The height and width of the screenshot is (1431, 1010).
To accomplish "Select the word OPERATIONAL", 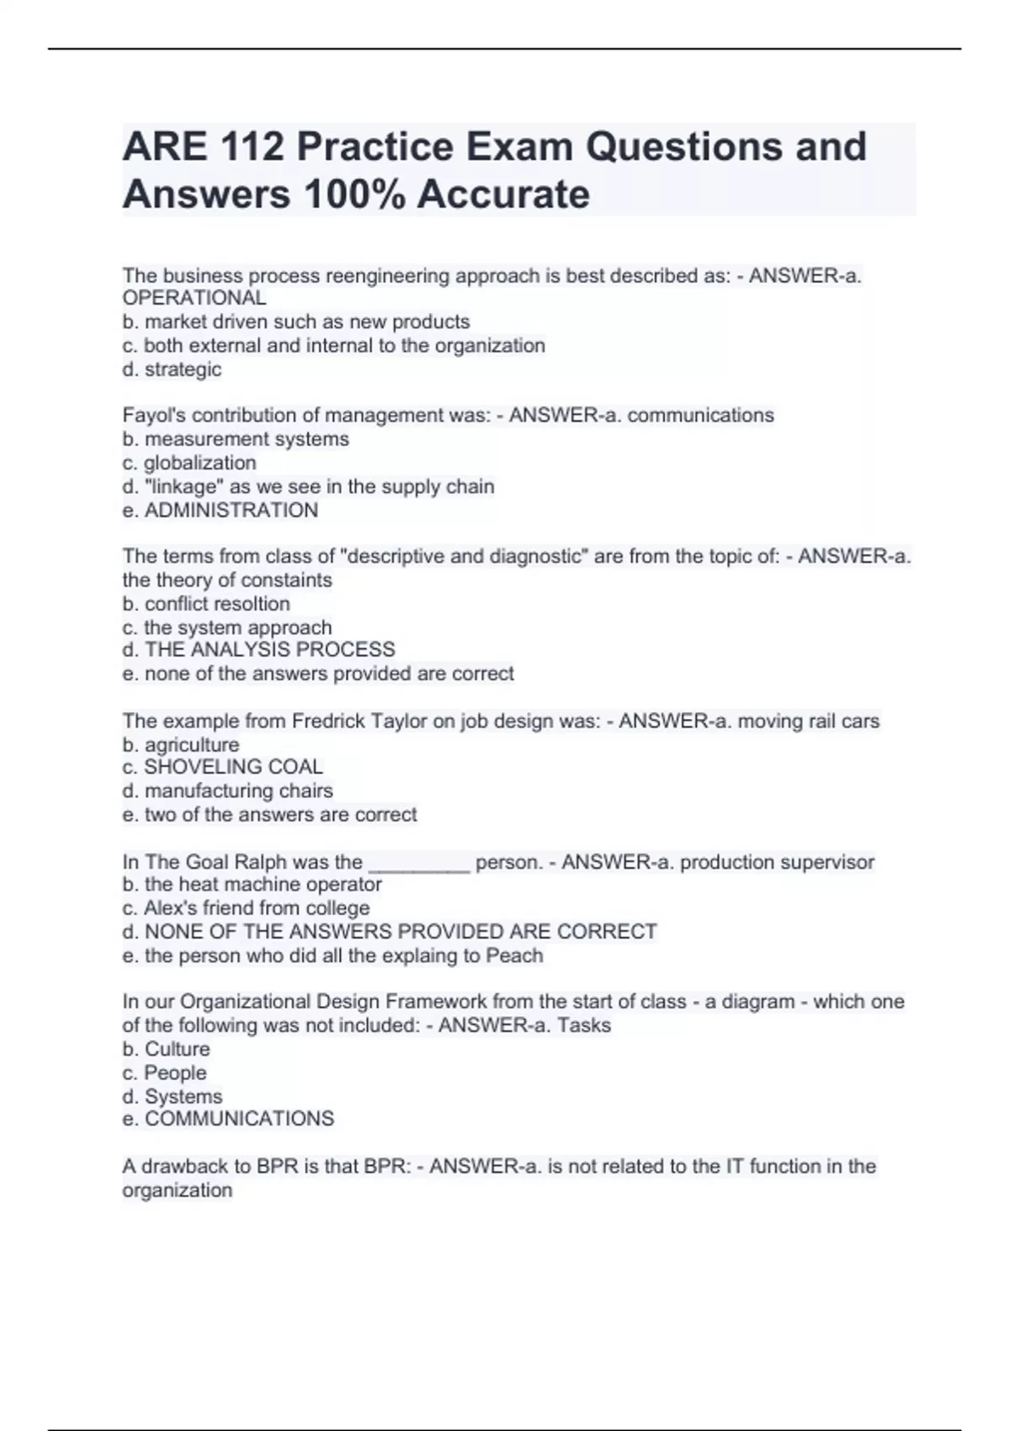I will pyautogui.click(x=194, y=298).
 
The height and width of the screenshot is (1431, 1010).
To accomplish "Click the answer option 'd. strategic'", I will pyautogui.click(x=173, y=369).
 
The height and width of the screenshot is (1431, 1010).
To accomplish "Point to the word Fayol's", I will pyautogui.click(x=155, y=415).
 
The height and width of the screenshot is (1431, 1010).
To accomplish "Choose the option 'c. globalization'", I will pyautogui.click(x=189, y=462).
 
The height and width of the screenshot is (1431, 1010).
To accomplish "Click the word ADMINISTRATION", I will pyautogui.click(x=231, y=510).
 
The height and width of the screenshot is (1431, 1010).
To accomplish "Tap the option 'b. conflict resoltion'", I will pyautogui.click(x=206, y=604).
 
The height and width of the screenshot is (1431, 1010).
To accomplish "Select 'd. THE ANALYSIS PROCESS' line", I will pyautogui.click(x=258, y=649).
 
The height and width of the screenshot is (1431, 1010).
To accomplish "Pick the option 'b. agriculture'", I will pyautogui.click(x=181, y=744).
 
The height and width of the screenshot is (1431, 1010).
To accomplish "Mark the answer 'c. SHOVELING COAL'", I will pyautogui.click(x=222, y=767).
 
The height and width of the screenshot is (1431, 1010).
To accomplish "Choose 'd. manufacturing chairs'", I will pyautogui.click(x=227, y=790).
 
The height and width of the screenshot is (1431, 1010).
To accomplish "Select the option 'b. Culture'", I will pyautogui.click(x=166, y=1049).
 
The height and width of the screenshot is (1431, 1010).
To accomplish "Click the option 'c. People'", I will pyautogui.click(x=164, y=1072).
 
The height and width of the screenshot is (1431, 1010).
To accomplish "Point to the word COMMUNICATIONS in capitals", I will pyautogui.click(x=239, y=1118).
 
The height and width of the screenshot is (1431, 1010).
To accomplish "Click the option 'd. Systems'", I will pyautogui.click(x=173, y=1096).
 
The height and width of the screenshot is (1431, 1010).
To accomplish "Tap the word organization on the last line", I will pyautogui.click(x=177, y=1190).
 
